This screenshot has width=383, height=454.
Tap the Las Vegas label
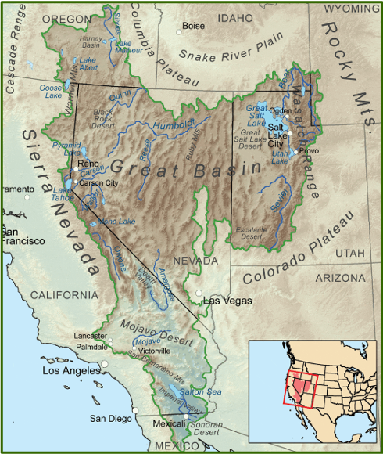tap(227, 301)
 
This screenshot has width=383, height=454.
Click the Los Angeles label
tap(73, 369)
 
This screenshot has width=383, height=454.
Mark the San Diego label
tap(110, 418)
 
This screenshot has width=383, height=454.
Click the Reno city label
tap(88, 164)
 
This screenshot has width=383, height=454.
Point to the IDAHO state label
tap(236, 16)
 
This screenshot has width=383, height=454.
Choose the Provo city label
tap(309, 150)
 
